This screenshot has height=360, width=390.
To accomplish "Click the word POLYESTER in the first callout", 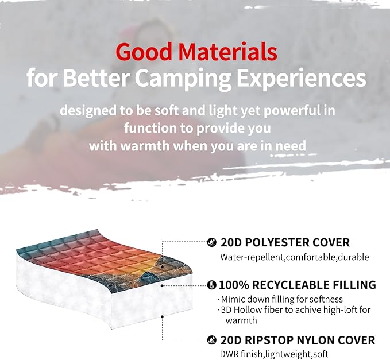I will (x=272, y=242).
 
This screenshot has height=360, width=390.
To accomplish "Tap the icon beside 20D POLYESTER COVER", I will (x=212, y=242).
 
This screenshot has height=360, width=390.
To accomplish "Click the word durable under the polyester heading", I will (x=354, y=257).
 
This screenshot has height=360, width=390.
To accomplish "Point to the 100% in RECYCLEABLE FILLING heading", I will (x=234, y=285).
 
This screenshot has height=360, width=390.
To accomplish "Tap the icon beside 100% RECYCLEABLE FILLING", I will (x=212, y=285).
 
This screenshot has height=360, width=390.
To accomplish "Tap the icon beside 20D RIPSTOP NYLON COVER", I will (x=212, y=340).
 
